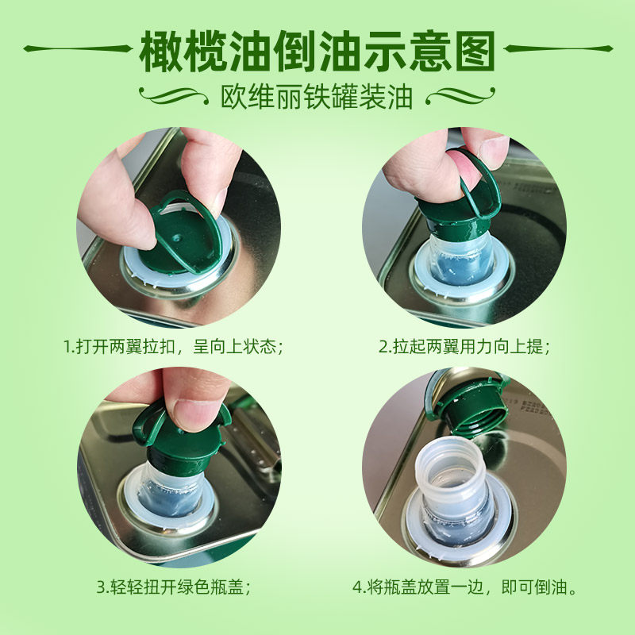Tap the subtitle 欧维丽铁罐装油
(317, 97)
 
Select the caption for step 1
(173, 347)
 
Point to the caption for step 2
(464, 347)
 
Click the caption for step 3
(174, 587)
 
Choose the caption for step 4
(464, 587)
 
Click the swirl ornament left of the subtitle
(173, 96)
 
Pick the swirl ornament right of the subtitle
(460, 96)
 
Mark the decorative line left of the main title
(78, 48)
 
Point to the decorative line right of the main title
(558, 48)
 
